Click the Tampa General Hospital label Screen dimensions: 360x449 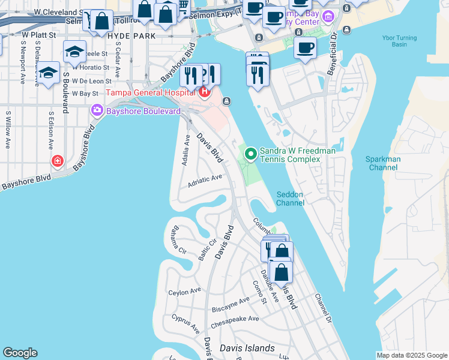click(x=152, y=92)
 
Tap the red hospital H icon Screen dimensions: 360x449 click(x=205, y=92)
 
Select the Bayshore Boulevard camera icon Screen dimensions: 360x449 click(x=96, y=111)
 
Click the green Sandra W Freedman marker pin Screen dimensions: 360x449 click(x=251, y=155)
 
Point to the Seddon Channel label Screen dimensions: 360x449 click(x=290, y=198)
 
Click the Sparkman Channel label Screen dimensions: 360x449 click(x=382, y=163)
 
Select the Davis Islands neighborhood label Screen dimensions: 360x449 click(x=247, y=348)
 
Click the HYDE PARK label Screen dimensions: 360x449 click(x=131, y=36)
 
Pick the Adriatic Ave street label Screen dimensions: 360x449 click(x=205, y=179)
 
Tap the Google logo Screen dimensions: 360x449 click(x=20, y=353)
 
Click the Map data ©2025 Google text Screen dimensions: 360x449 click(x=411, y=355)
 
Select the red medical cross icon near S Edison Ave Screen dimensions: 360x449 click(x=57, y=161)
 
